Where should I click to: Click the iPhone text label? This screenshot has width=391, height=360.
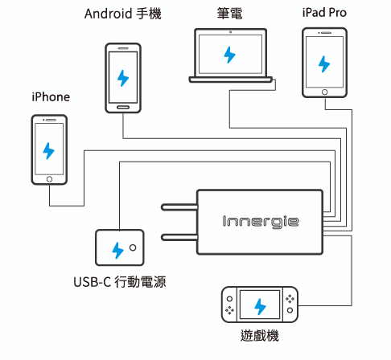[x=51, y=97]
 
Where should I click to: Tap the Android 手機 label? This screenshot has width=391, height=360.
[x=123, y=14]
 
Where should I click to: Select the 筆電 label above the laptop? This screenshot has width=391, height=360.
[x=230, y=14]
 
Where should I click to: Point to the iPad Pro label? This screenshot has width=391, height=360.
[x=324, y=13]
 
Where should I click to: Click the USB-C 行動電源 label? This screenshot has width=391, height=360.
[x=120, y=282]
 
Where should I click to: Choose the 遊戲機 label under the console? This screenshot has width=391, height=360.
[x=260, y=335]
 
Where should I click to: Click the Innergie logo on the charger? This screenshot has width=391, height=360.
[x=261, y=222]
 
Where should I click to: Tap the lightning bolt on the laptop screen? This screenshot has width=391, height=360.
[x=229, y=55]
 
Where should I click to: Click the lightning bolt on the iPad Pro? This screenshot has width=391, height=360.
[x=324, y=64]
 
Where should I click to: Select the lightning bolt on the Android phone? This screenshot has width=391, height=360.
[x=123, y=78]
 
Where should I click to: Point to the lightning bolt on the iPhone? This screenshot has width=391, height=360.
[x=48, y=151]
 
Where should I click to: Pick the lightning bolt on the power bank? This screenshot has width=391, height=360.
[x=117, y=251]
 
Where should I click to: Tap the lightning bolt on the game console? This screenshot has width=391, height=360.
[x=260, y=307]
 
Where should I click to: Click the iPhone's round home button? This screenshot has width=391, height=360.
[x=49, y=179]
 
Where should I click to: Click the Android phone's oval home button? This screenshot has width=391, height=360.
[x=123, y=107]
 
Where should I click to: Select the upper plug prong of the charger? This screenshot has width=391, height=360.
[x=179, y=207]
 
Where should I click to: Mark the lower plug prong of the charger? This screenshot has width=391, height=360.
[x=179, y=237]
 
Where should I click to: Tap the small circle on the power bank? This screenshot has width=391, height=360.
[x=133, y=247]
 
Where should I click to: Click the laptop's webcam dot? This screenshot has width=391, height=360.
[x=230, y=32]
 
